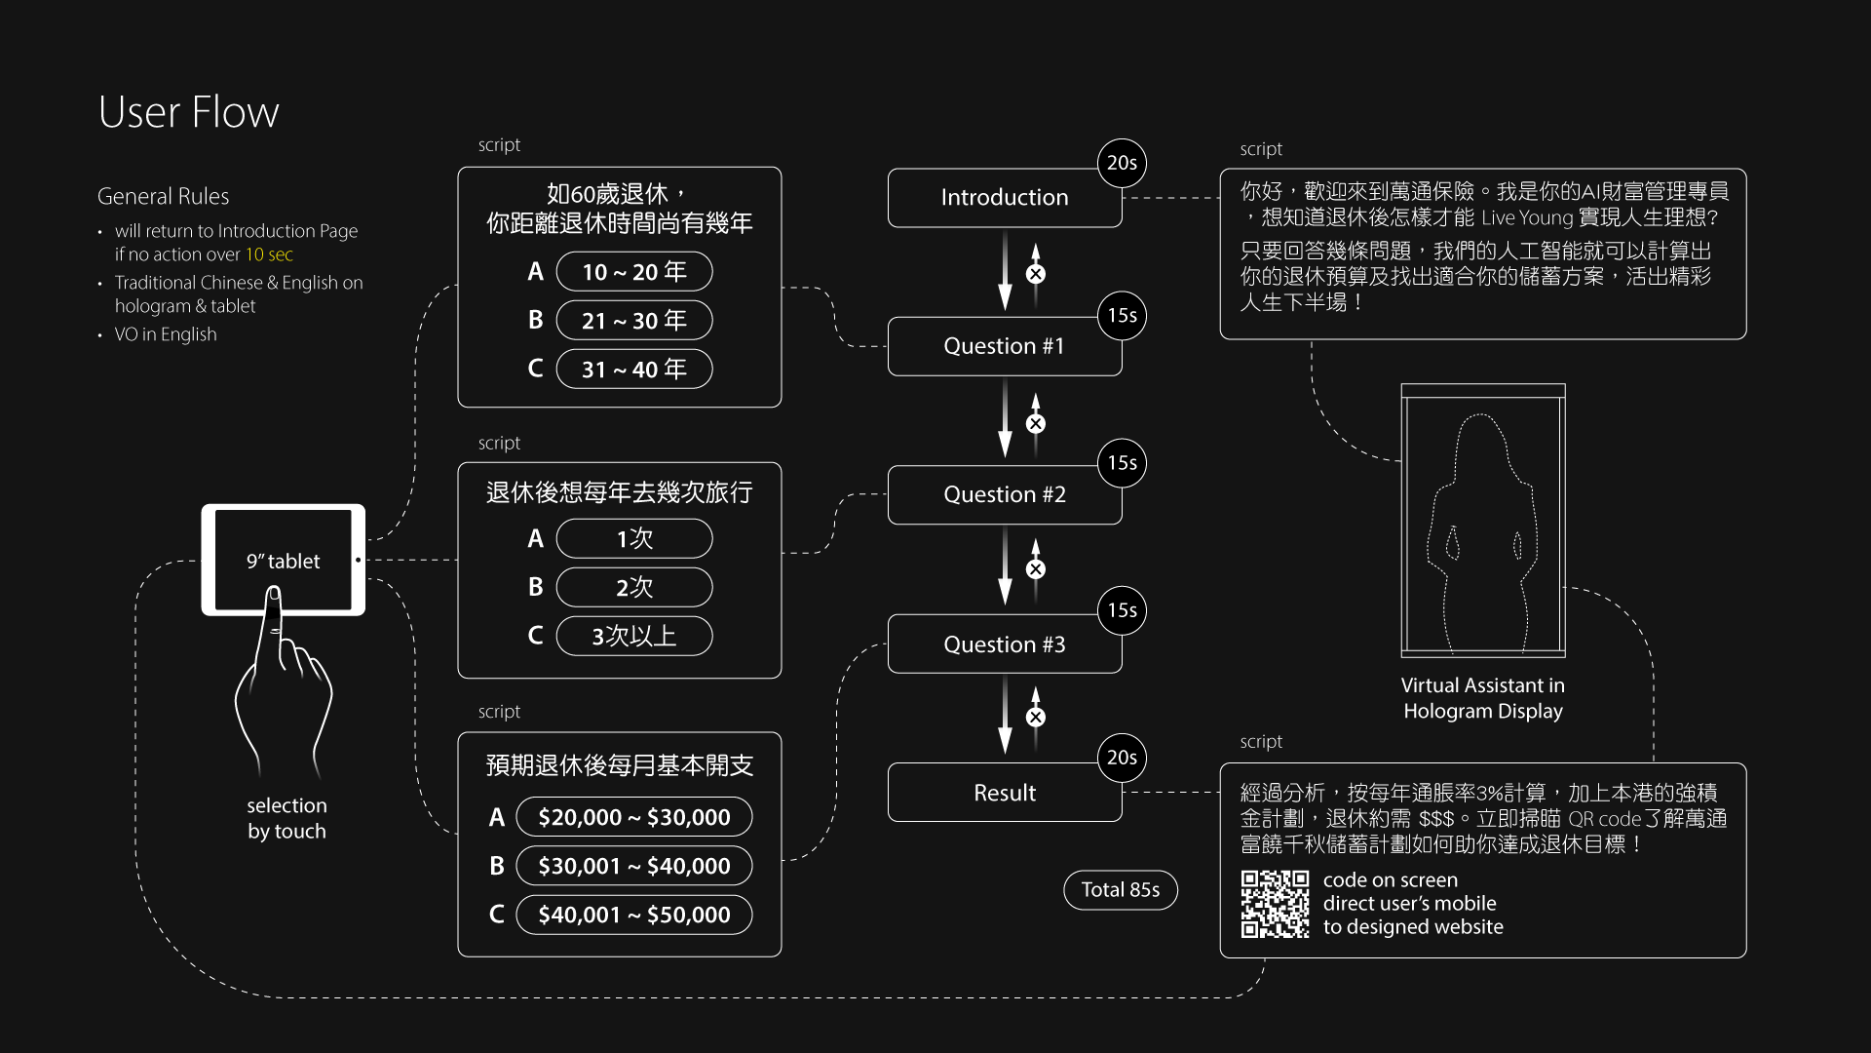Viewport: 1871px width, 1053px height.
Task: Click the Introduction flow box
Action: click(1004, 198)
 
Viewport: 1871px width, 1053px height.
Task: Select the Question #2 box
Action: click(1004, 494)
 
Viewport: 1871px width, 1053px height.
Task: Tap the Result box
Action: click(1004, 793)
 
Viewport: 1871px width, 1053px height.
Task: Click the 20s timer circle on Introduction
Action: click(1122, 163)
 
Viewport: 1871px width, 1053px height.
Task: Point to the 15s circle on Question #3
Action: click(1122, 610)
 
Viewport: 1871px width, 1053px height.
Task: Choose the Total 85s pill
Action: click(1120, 890)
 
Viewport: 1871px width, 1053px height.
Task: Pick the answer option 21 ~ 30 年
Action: click(633, 321)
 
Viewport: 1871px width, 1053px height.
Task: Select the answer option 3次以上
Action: click(633, 637)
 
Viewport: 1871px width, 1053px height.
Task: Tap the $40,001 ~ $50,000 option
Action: click(633, 916)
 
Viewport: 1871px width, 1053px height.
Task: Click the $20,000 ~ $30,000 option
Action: click(633, 818)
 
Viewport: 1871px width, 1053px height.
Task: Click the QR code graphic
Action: click(1275, 904)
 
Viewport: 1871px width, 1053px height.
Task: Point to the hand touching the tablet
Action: click(283, 682)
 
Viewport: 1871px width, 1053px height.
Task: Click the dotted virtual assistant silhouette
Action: click(1482, 536)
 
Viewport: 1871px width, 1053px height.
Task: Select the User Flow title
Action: click(189, 112)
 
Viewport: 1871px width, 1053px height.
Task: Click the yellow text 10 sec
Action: click(269, 254)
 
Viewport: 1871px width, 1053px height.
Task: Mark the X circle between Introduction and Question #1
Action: click(1036, 274)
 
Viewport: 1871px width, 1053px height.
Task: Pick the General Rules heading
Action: click(164, 196)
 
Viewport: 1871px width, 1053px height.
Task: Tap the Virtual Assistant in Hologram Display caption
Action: click(1482, 698)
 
